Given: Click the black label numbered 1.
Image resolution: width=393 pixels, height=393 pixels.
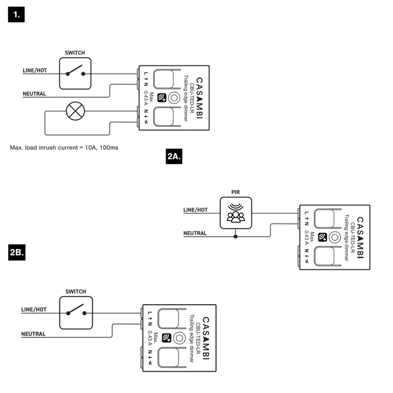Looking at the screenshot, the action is (16, 15).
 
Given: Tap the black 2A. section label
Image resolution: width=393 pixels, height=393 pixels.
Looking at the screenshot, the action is (174, 156).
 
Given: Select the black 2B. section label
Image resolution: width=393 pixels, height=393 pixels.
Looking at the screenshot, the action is (17, 253).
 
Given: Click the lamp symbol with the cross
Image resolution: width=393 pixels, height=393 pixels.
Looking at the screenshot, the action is (76, 111).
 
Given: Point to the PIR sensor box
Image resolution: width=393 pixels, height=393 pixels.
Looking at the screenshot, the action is (236, 213).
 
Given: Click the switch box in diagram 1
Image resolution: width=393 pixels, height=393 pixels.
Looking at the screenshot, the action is (75, 73).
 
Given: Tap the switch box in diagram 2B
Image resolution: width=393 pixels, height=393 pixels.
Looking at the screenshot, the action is (76, 313).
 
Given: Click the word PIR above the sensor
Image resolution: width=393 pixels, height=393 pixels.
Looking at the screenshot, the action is (236, 192).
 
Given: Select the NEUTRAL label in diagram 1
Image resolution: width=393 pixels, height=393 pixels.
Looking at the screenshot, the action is (34, 94).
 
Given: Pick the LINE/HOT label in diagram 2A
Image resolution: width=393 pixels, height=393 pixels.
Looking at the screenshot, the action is (196, 210).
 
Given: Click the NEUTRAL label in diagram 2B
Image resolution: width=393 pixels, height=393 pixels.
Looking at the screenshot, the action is (33, 334).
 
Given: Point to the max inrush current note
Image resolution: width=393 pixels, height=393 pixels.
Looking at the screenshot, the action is (64, 148).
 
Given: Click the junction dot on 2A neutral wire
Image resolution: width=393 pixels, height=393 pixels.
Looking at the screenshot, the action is (235, 237).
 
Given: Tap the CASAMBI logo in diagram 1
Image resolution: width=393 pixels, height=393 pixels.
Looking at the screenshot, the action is (199, 98).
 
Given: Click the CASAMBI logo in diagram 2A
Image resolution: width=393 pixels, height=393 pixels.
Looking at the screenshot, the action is (360, 237).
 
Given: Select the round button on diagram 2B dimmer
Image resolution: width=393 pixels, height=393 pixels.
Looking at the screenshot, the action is (179, 338).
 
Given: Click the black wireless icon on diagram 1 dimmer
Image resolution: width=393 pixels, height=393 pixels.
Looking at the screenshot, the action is (162, 98).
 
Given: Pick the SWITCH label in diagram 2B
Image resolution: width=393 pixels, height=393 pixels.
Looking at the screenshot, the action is (76, 291).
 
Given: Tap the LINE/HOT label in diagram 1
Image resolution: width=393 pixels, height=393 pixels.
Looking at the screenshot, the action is (35, 70).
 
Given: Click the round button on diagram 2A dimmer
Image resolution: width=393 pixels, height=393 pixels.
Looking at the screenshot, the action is (335, 237).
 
